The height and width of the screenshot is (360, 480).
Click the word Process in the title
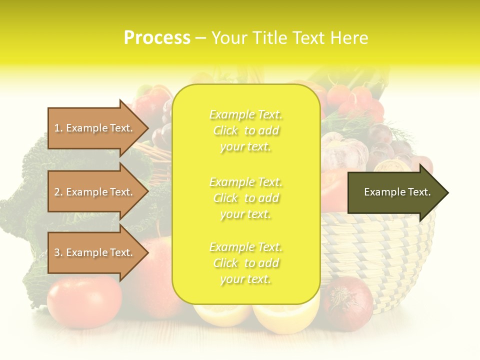[x=157, y=38]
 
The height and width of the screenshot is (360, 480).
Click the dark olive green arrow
[x=395, y=192]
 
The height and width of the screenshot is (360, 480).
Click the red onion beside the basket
[x=347, y=303]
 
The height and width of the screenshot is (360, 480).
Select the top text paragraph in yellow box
[x=245, y=130]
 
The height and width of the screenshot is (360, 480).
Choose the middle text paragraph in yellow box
[x=245, y=198]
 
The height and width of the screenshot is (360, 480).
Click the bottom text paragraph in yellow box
[x=245, y=263]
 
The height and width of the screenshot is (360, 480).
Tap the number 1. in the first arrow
[x=58, y=128]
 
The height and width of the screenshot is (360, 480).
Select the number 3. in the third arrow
[x=58, y=252]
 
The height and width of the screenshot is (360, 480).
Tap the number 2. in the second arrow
[x=58, y=192]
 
